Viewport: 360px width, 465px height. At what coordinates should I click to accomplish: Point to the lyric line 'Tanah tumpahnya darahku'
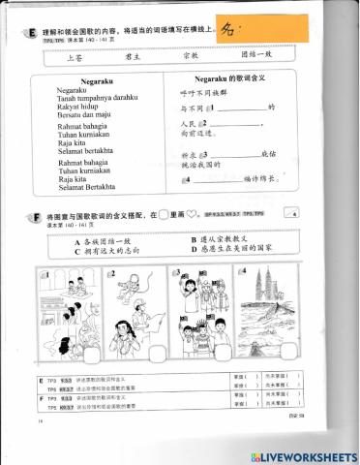pos(100,99)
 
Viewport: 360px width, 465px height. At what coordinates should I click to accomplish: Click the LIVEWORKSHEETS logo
pos(308,454)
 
